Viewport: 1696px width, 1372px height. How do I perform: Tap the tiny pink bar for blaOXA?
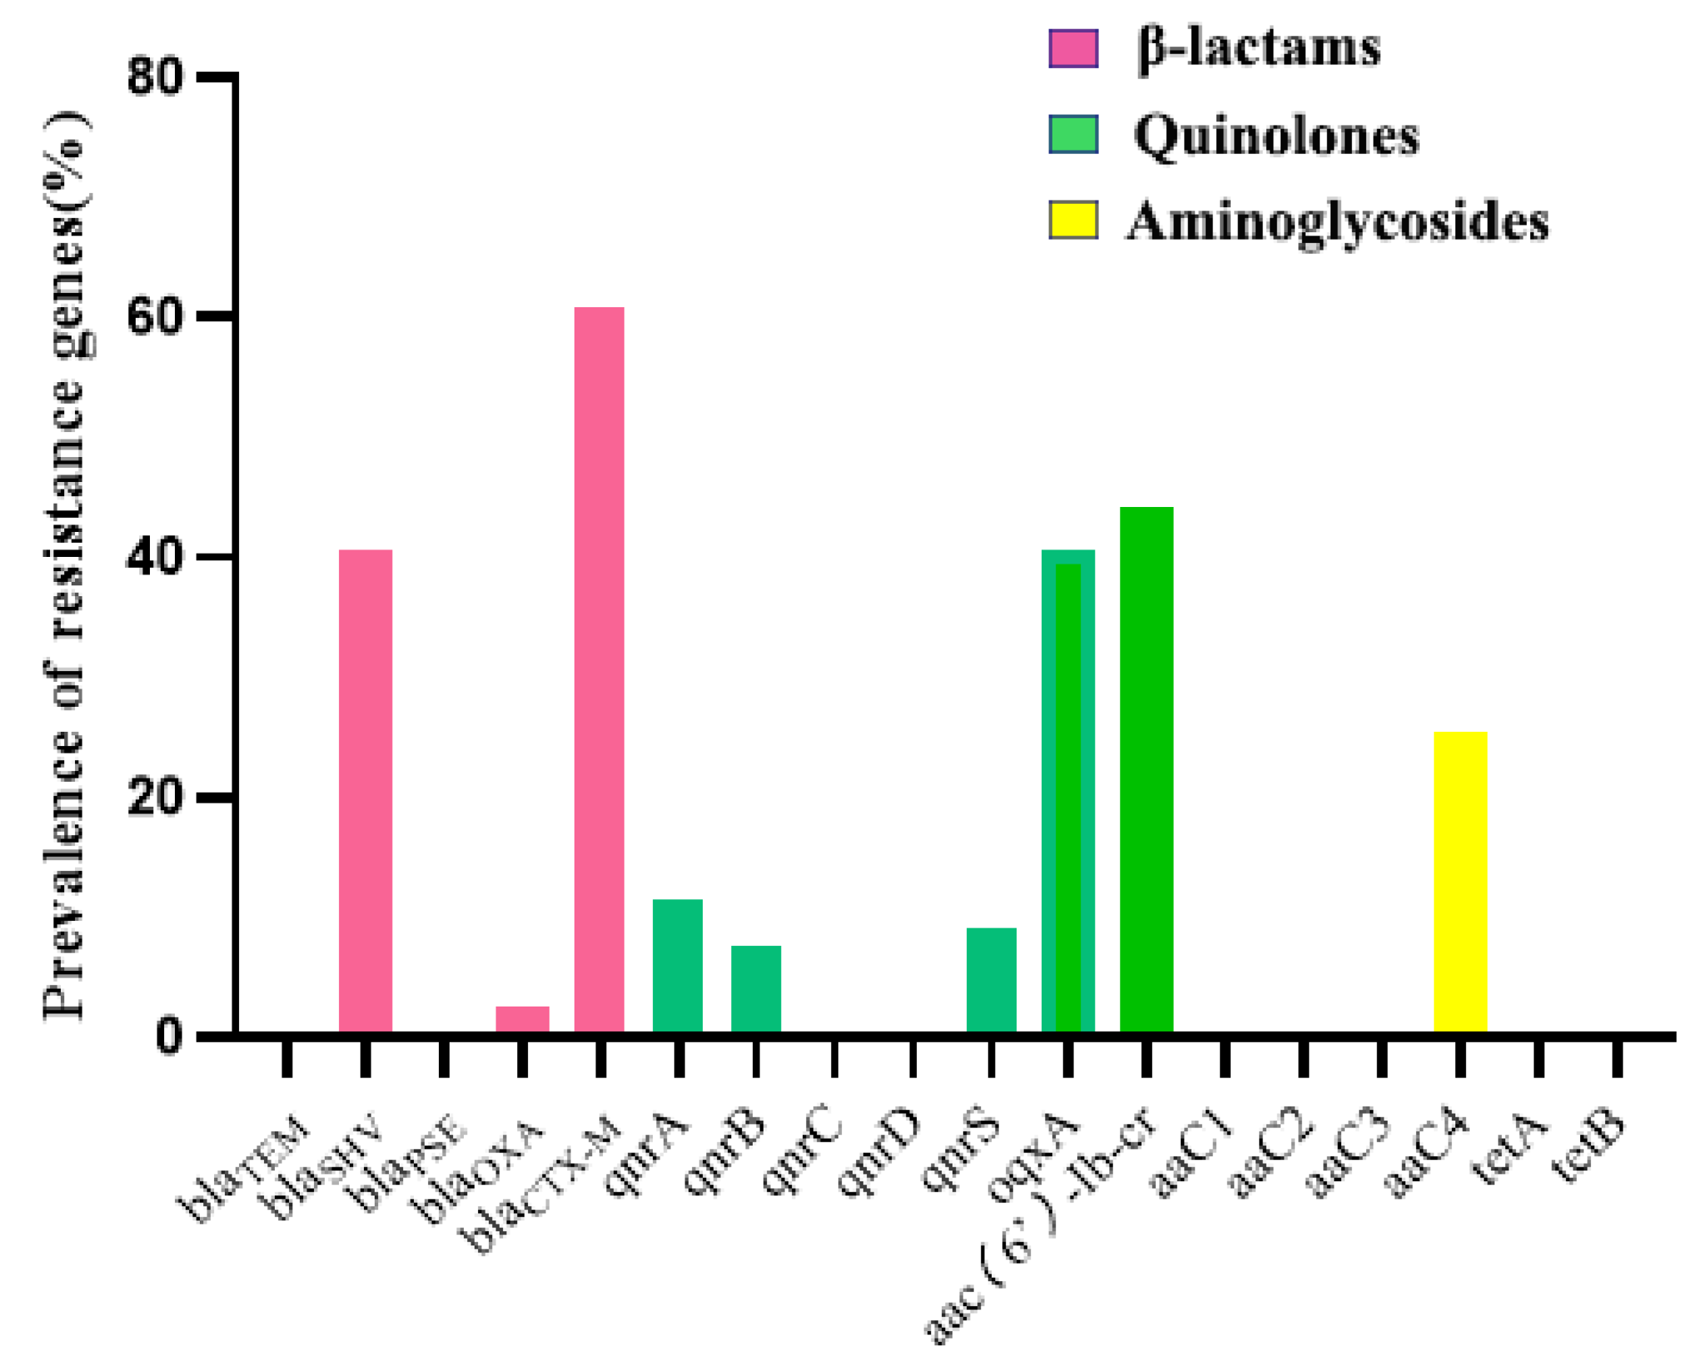[x=522, y=1018]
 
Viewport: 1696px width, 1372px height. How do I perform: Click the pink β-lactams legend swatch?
[x=1072, y=48]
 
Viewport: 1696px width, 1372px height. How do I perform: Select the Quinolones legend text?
[x=1276, y=136]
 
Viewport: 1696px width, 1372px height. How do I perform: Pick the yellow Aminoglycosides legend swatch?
[x=1072, y=221]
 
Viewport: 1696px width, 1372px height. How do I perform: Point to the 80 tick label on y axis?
[x=155, y=77]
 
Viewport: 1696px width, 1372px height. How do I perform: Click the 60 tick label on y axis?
[x=155, y=317]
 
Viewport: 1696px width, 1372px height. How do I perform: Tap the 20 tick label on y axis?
[x=155, y=798]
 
